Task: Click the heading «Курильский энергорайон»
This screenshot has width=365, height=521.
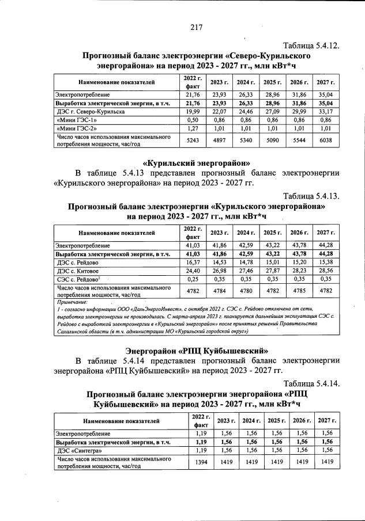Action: pos(196,163)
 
